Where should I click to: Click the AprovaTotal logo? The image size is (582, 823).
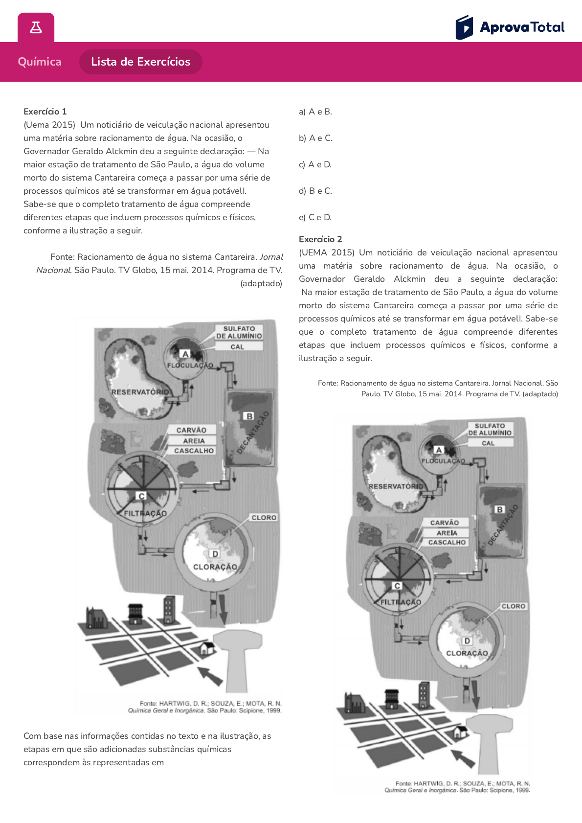510,27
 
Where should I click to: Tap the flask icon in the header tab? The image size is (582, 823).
36,27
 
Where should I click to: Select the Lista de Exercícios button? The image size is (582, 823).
140,62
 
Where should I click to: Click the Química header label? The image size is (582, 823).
40,62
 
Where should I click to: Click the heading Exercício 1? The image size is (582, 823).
45,112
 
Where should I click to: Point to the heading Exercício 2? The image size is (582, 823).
320,239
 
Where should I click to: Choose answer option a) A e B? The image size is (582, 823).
315,112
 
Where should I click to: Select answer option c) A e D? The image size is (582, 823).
315,164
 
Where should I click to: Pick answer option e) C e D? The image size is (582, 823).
315,217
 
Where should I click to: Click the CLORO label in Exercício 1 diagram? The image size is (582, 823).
264,518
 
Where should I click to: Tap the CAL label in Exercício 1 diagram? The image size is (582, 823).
237,347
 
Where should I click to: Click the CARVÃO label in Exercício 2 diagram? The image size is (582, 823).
445,523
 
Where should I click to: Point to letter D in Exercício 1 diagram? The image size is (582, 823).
215,554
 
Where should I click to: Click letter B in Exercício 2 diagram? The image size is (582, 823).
500,509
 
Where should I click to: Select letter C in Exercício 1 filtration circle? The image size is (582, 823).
142,496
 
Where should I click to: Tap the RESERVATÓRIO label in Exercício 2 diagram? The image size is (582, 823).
396,486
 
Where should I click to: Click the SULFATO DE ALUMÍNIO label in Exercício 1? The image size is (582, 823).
239,332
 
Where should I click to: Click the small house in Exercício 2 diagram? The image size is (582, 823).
459,732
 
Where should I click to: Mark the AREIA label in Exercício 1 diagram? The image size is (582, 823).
194,441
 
